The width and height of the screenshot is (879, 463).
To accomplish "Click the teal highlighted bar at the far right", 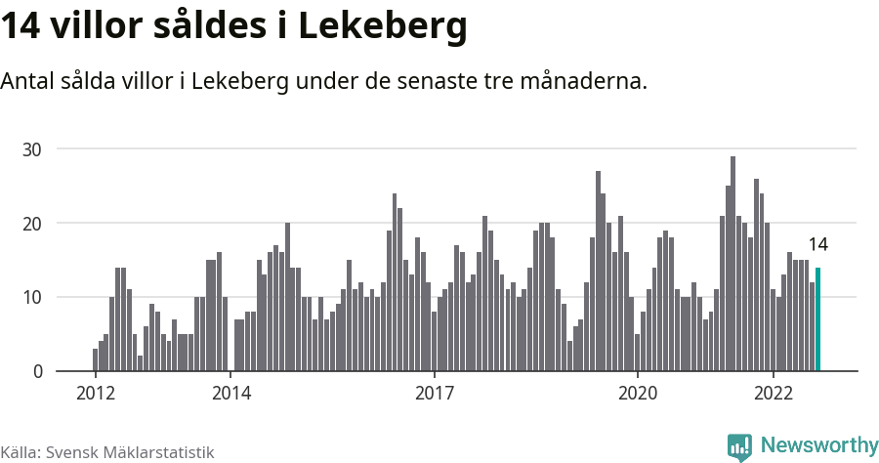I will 817,319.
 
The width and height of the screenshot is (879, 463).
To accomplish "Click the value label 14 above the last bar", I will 817,245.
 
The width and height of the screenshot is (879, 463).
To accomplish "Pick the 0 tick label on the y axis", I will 38,372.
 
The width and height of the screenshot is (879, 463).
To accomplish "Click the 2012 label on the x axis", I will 95,394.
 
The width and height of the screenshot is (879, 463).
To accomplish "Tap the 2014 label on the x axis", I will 230,394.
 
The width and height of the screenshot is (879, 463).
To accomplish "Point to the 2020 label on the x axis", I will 638,394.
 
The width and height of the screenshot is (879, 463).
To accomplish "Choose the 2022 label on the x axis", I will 774,394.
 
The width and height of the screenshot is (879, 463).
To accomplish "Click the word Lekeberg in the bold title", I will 382,26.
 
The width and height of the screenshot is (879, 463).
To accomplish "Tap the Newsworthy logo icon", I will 739,446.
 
